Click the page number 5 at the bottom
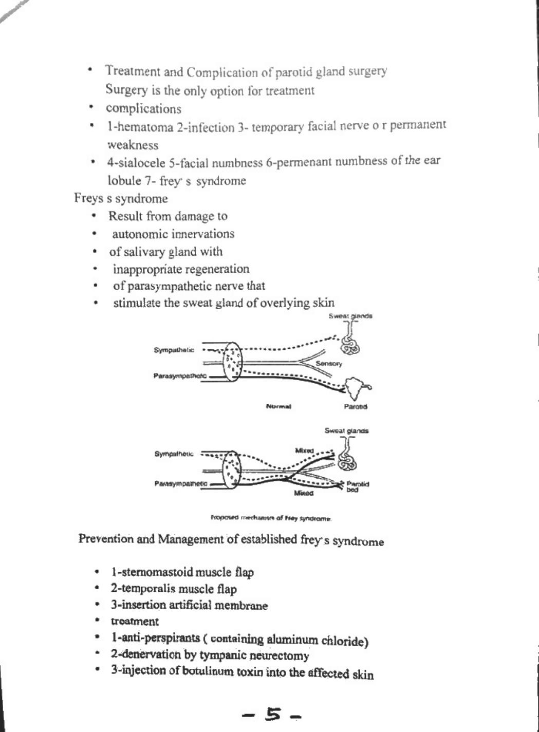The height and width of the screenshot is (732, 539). (x=274, y=714)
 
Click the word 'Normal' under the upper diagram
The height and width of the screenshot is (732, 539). (x=278, y=406)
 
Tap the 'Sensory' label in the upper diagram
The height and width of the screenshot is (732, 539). (x=329, y=364)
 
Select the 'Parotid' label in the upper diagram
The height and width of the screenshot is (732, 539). (x=356, y=406)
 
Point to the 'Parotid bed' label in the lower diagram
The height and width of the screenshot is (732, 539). (x=358, y=486)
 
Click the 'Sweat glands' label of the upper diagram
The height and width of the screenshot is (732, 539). (x=350, y=316)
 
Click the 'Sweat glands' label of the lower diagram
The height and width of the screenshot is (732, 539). (x=346, y=430)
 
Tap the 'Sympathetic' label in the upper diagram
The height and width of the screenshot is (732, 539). (x=174, y=350)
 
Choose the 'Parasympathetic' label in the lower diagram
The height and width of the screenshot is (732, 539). (x=181, y=483)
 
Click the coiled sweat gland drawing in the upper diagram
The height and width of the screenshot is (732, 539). (x=350, y=345)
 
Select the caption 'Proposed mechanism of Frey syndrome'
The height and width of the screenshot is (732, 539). (x=271, y=518)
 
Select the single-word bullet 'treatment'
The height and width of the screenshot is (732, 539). (x=135, y=621)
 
